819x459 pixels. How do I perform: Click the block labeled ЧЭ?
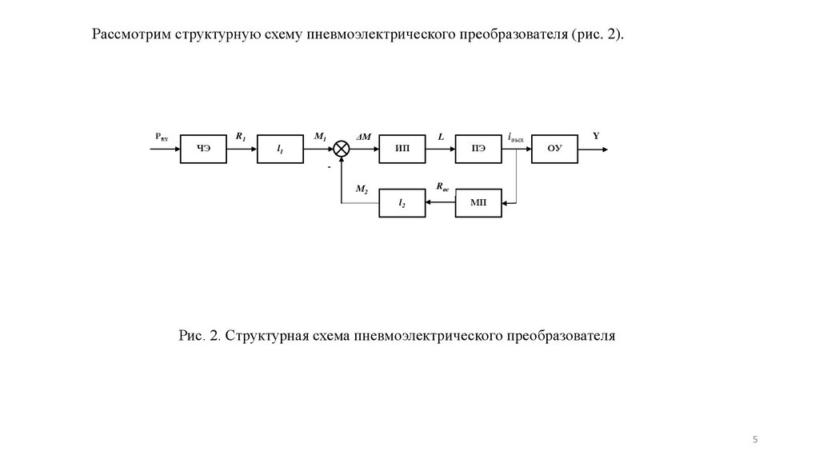[203, 150]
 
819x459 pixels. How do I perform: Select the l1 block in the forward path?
[280, 150]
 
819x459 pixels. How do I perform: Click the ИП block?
[402, 150]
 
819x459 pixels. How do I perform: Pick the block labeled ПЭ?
[478, 150]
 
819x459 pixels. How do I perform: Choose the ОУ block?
[553, 150]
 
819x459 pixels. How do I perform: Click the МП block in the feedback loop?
[478, 203]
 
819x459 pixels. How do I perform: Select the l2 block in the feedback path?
[402, 203]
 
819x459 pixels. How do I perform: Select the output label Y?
[597, 136]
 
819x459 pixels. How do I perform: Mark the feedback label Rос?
[442, 187]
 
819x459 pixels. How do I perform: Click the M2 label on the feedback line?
[361, 189]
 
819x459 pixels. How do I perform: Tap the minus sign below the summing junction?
[329, 167]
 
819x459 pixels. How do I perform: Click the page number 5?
[756, 440]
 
